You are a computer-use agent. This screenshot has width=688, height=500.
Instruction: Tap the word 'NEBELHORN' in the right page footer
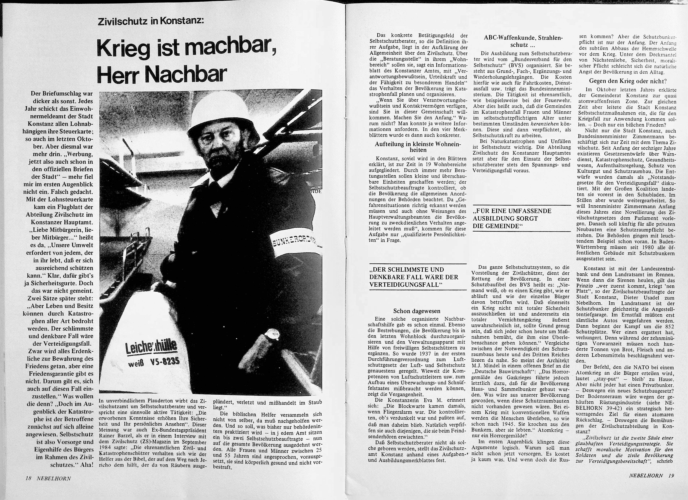[646, 475]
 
